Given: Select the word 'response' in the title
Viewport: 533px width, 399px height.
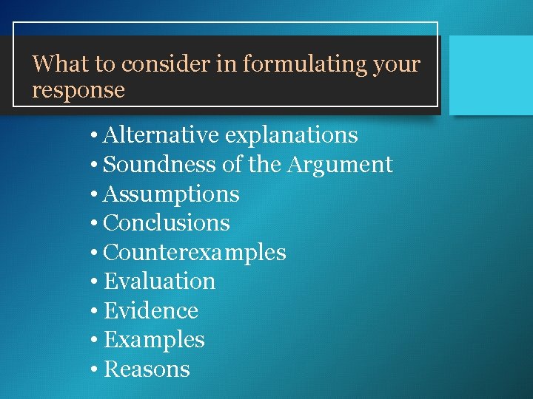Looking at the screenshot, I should coord(78,91).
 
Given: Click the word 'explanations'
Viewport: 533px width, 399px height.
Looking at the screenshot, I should coord(292,136).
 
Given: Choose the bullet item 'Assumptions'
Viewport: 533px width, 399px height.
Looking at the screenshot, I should coord(172,194).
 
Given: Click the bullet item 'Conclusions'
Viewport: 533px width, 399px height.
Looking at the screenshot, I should coord(167,223).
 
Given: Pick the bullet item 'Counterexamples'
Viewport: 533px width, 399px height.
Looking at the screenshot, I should coord(195,253).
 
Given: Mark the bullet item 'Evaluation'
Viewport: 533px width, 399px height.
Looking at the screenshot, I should coord(160,282).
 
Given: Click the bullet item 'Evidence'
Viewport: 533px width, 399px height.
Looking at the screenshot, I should coord(151,311).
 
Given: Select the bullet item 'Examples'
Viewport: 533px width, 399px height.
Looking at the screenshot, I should coord(154,340).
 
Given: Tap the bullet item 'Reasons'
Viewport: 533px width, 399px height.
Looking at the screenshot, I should coord(147,369).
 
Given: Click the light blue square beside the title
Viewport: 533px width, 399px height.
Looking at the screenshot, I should coord(491,75).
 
